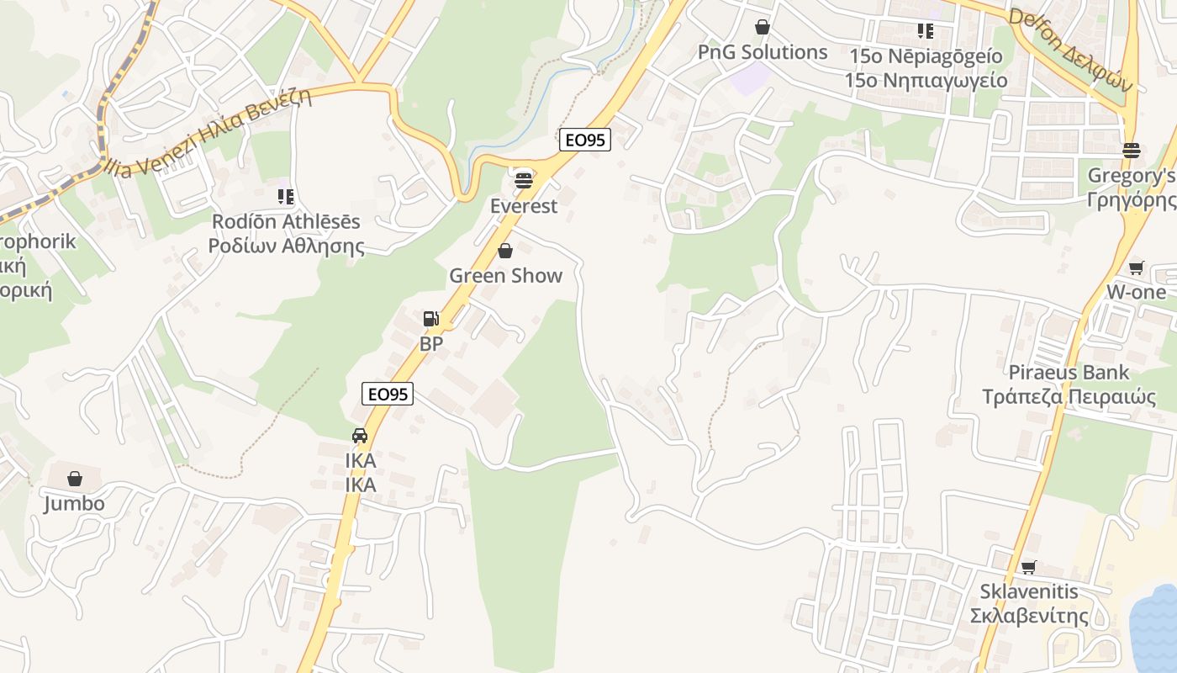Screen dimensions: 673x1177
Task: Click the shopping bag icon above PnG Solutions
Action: tap(763, 28)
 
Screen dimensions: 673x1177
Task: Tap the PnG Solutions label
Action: tap(763, 52)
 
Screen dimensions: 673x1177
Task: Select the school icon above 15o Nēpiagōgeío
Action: tap(926, 32)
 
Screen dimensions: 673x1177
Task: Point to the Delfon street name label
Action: tap(1070, 50)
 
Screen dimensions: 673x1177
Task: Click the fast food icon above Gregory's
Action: tap(1131, 151)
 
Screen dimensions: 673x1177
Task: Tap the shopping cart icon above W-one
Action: tap(1137, 268)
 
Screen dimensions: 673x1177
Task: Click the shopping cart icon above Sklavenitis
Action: tap(1029, 567)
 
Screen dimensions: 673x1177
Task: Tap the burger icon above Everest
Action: tap(524, 180)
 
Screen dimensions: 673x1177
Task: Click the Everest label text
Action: tap(524, 206)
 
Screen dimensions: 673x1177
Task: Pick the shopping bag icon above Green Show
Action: tap(505, 251)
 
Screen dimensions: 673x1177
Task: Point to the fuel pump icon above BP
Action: tap(431, 319)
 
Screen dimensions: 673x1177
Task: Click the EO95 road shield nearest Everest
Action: tap(585, 140)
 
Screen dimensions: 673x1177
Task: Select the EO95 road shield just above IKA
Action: tap(388, 393)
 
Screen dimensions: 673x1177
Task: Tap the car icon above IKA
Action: tap(360, 436)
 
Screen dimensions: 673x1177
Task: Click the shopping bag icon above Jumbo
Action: tap(75, 479)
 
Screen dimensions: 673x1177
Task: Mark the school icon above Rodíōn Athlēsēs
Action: tap(286, 197)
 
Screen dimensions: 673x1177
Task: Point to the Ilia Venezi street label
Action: tap(210, 133)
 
